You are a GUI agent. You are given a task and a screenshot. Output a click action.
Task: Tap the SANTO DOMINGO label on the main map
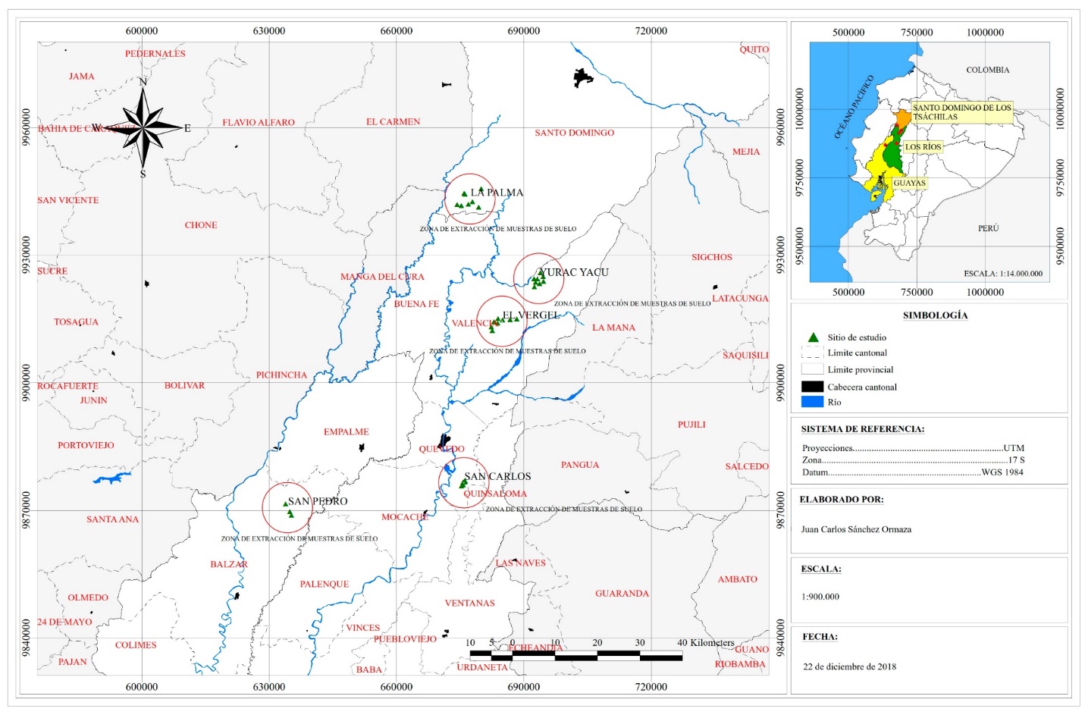[x=574, y=133]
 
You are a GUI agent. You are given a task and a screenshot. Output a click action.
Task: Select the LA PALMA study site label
[x=497, y=193]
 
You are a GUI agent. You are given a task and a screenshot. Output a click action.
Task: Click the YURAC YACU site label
[x=574, y=272]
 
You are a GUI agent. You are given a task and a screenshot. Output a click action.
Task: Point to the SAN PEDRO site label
[x=318, y=501]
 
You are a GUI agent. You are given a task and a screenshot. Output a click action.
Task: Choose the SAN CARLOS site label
[x=497, y=476]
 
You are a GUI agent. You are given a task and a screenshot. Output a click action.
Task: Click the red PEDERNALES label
[x=155, y=54]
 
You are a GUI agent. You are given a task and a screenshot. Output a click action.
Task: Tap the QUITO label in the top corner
[x=754, y=49]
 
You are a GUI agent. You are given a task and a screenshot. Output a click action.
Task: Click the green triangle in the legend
[x=813, y=337]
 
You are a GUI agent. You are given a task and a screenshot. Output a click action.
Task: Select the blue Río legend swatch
[x=812, y=402]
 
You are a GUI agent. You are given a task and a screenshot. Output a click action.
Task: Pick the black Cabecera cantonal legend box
[x=812, y=387]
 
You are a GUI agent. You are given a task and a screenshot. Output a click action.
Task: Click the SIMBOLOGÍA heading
[x=935, y=315]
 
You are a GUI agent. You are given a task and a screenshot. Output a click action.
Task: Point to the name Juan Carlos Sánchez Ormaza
[x=856, y=529]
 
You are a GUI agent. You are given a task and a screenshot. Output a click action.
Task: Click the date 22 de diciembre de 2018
[x=849, y=666]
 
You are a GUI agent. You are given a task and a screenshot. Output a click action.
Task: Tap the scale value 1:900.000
[x=820, y=597]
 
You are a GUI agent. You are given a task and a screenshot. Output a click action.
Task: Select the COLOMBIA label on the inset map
[x=987, y=70]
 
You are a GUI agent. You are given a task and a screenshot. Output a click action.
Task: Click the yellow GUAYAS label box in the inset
[x=909, y=183]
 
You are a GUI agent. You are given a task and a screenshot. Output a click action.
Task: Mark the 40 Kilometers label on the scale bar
[x=705, y=643]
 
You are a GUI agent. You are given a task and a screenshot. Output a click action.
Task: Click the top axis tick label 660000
[x=396, y=31]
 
